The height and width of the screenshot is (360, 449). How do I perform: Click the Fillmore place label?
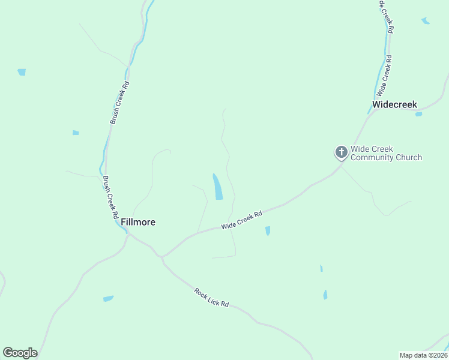tap(138, 222)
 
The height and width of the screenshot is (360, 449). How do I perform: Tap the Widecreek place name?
tap(394, 104)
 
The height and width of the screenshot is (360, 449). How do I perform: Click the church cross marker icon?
tap(341, 152)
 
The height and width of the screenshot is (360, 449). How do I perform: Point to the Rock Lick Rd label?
tap(212, 297)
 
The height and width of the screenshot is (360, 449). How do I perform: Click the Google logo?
tap(20, 353)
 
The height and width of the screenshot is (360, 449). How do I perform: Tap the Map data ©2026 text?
tap(423, 355)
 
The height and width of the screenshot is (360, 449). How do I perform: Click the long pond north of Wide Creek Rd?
tap(217, 187)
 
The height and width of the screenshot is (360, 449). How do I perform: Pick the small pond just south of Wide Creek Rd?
tap(268, 230)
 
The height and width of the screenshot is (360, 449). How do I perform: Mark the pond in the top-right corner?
tap(426, 21)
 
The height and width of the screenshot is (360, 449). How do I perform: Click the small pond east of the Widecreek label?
tap(418, 114)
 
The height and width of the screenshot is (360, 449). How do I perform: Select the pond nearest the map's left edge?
tap(22, 72)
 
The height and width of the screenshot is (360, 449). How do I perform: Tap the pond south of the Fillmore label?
tap(108, 298)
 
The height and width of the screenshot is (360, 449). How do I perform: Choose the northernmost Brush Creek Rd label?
tap(119, 103)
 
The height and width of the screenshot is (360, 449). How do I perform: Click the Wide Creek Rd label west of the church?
tap(242, 220)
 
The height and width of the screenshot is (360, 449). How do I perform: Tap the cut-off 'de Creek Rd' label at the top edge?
tap(386, 16)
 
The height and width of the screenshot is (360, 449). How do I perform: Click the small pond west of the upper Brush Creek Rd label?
tap(76, 133)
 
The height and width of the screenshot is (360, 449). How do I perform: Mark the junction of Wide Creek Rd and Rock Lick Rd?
tap(162, 257)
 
